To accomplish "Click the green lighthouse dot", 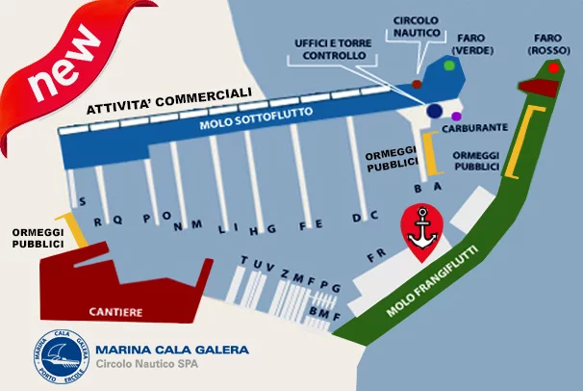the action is (449, 65).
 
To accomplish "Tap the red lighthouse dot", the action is (553, 68).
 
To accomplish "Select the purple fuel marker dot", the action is (456, 117).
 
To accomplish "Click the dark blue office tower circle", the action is (434, 111).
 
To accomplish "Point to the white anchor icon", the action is (422, 229).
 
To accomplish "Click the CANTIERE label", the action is (115, 312).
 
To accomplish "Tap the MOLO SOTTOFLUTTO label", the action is (256, 117).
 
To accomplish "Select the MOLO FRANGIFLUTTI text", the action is (432, 280).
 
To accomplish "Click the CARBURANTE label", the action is (475, 128).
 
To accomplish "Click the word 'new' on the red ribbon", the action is (64, 64).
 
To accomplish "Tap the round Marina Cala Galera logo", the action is (62, 356).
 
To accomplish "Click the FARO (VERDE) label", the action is (471, 44).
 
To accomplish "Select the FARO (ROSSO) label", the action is (548, 44).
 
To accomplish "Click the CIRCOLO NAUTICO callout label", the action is (417, 26).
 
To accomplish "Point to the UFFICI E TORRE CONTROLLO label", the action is (333, 49).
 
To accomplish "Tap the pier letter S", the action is (83, 201).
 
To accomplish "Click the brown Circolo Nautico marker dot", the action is (417, 85).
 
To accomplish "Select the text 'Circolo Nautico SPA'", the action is (147, 363).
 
